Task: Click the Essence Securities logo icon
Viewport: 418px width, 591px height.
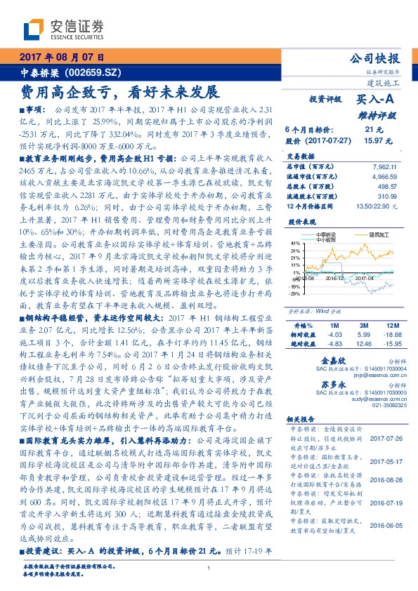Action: click(x=34, y=29)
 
